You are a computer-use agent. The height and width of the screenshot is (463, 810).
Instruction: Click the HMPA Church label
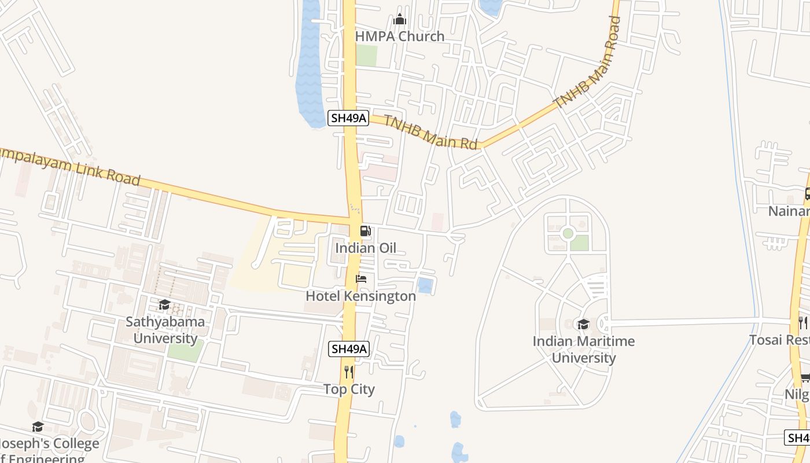tap(399, 36)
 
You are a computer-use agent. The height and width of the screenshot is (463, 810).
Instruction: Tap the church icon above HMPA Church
tap(400, 20)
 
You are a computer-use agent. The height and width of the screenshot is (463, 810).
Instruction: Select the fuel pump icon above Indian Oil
tap(366, 231)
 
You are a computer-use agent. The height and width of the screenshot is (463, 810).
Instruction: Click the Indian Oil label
tap(366, 248)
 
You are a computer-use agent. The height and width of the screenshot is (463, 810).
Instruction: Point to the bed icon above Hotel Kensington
tap(361, 279)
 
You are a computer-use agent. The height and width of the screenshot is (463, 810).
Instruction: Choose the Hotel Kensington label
tap(360, 296)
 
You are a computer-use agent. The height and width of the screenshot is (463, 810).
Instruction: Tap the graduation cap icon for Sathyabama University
tap(164, 305)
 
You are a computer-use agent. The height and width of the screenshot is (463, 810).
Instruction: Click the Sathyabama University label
tap(165, 330)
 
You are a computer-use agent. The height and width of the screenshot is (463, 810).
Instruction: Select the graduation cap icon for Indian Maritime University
tap(583, 325)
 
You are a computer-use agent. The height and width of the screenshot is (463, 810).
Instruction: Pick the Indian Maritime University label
tap(583, 350)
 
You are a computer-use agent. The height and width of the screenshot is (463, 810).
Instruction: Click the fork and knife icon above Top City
tap(348, 372)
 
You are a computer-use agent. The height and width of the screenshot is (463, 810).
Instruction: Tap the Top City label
tap(349, 389)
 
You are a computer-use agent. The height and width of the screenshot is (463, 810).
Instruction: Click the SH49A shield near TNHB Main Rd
tap(348, 118)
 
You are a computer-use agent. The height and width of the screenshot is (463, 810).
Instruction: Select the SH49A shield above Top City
tap(349, 349)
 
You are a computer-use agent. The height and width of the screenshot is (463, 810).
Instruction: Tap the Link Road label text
tap(69, 167)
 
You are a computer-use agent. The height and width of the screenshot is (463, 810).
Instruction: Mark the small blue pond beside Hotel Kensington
tap(425, 285)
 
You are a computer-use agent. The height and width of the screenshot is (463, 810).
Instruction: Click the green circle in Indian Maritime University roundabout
tap(568, 233)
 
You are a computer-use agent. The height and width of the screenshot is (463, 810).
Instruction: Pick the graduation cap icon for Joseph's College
tap(38, 427)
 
